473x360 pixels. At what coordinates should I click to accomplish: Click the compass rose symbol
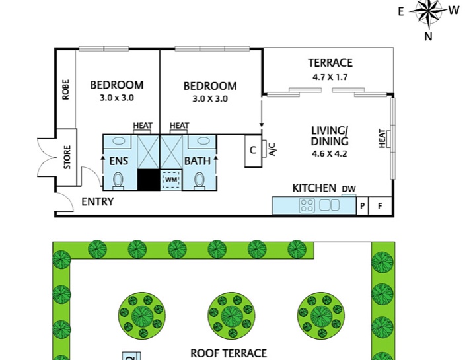[428, 11]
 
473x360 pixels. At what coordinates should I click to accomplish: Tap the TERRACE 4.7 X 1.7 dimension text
[330, 77]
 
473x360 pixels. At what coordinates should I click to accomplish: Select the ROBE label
[65, 90]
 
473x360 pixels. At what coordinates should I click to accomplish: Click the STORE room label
[67, 157]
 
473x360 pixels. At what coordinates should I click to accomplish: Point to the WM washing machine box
[171, 180]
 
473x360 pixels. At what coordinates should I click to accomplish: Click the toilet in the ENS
[118, 180]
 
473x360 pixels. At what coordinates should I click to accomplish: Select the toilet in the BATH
[199, 180]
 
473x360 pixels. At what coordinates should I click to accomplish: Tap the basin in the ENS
[119, 141]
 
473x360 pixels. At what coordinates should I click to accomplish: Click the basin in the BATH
[203, 141]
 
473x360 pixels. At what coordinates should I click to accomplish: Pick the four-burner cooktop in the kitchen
[307, 205]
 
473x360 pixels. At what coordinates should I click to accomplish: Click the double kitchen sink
[330, 205]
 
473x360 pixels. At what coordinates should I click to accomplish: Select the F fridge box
[381, 205]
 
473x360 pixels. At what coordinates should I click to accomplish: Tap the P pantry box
[362, 205]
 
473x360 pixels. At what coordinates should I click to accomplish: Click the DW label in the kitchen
[349, 189]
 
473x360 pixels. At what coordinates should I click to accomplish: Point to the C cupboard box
[253, 151]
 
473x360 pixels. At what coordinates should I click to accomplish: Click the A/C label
[272, 150]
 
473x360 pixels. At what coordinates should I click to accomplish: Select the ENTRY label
[98, 201]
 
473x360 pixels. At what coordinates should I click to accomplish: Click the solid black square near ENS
[149, 180]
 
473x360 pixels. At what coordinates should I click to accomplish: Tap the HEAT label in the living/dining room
[382, 139]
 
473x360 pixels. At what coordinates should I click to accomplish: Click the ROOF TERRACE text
[229, 353]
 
